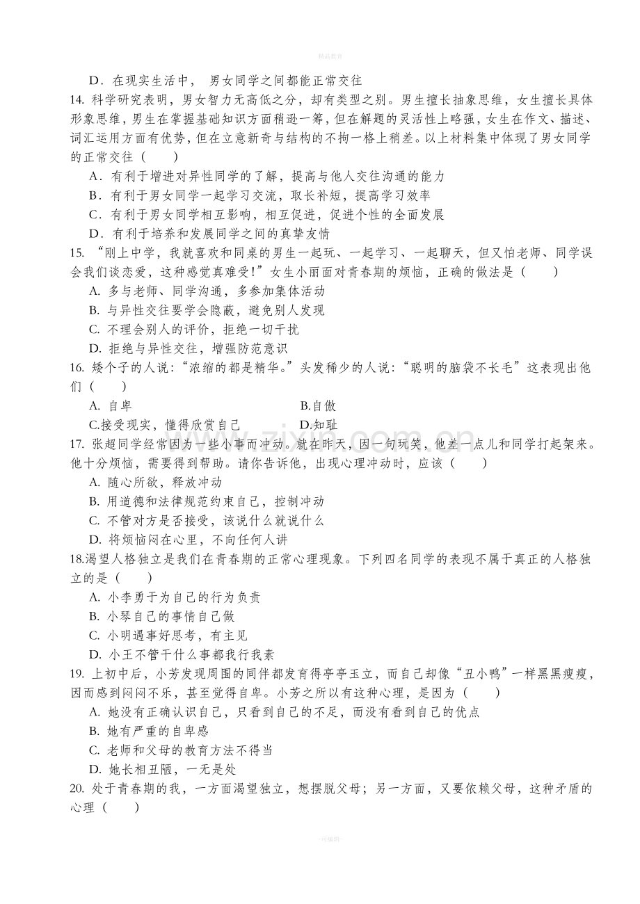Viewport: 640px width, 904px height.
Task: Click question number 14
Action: tap(78, 100)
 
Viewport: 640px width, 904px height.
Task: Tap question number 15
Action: tap(78, 253)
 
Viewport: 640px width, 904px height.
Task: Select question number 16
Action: tap(78, 368)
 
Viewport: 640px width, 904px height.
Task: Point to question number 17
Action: tap(78, 444)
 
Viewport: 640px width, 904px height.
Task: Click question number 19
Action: tap(78, 673)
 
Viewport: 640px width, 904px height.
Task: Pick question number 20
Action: tap(78, 789)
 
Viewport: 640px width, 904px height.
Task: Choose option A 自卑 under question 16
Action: tap(111, 406)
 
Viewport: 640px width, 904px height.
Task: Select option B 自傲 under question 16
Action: tap(318, 406)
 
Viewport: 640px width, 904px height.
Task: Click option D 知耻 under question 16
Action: tap(318, 425)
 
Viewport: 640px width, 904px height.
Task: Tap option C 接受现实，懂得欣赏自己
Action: tap(164, 425)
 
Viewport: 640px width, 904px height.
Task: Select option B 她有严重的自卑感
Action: tap(150, 731)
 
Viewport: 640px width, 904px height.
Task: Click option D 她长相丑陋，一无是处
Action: tap(163, 769)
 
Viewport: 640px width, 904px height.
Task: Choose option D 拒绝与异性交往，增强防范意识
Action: tap(189, 348)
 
